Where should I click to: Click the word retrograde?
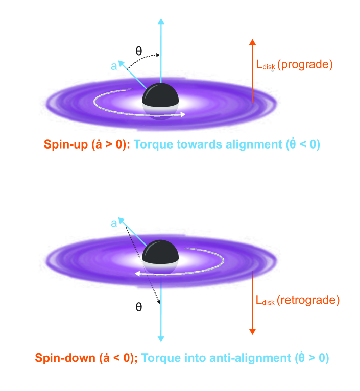coord(309,300)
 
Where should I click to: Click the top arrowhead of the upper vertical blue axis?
coord(161,21)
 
